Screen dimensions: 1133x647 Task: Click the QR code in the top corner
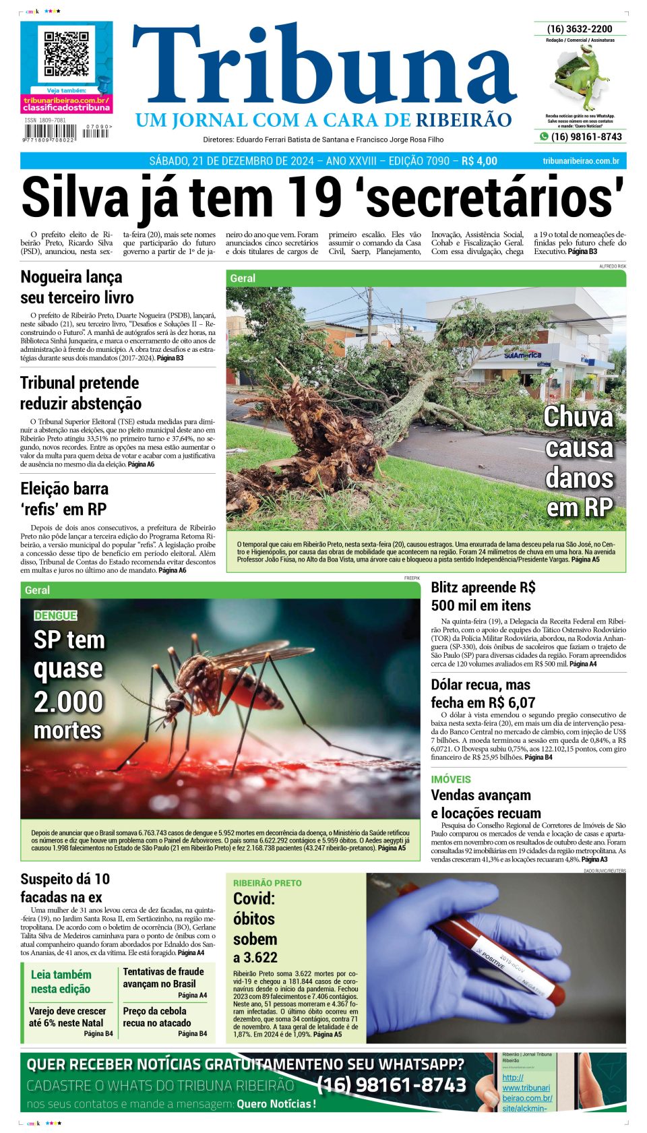point(67,54)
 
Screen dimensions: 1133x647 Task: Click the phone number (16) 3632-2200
point(580,29)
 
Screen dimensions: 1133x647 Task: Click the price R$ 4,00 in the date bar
point(479,161)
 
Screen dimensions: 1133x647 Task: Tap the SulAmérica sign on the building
point(523,355)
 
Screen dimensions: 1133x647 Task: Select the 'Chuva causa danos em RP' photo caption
point(579,462)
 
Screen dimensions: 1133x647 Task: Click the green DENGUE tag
point(55,615)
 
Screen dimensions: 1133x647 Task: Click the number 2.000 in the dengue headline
point(68,702)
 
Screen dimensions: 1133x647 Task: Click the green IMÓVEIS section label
point(451,779)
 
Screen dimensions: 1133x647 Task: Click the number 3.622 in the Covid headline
point(255,957)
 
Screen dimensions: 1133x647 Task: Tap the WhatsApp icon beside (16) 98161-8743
point(544,137)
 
